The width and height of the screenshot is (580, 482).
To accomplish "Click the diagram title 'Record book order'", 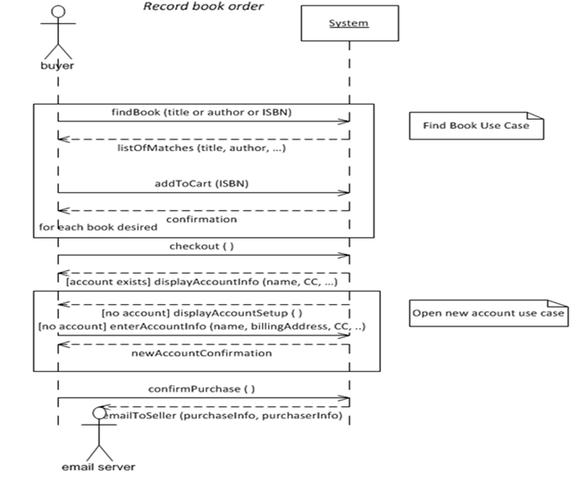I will [204, 8].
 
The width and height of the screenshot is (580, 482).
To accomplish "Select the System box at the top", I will [348, 23].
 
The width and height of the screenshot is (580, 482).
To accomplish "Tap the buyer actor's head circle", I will [58, 12].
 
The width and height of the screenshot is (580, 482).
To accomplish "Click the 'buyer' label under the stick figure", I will [58, 65].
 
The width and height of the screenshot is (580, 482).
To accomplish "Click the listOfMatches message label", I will [202, 148].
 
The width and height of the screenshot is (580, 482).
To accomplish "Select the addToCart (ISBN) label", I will [202, 182].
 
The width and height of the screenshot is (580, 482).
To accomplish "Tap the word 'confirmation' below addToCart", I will [202, 219].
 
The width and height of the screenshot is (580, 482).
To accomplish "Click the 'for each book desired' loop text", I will [97, 227].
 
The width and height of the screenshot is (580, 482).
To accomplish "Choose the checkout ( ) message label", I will [202, 246].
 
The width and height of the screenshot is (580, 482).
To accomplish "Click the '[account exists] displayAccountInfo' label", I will [202, 283].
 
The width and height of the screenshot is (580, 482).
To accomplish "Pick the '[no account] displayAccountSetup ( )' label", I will [202, 314].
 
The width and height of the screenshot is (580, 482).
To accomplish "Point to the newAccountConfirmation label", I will [202, 353].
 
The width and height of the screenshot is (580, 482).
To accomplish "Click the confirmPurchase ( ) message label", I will [202, 389].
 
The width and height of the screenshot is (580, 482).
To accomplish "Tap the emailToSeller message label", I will [223, 415].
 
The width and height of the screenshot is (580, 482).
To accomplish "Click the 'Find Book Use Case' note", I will [475, 125].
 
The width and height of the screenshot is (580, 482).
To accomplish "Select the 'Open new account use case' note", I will [490, 314].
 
